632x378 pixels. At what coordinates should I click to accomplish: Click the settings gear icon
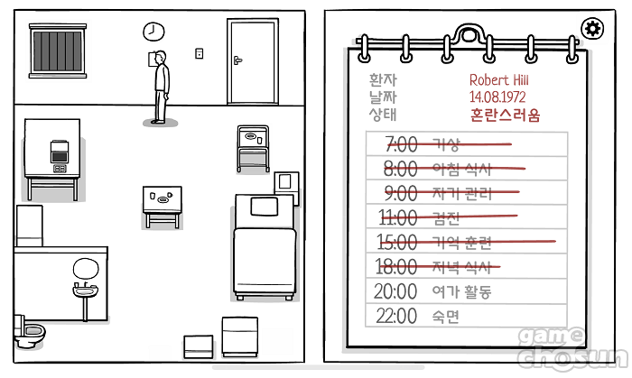click(x=593, y=29)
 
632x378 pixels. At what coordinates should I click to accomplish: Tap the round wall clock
click(x=153, y=32)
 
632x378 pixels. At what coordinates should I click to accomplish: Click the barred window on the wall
click(x=57, y=51)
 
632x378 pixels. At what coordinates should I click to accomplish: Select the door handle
click(x=237, y=60)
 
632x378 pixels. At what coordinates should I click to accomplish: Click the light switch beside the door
click(x=200, y=53)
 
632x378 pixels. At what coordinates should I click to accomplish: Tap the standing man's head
click(x=162, y=59)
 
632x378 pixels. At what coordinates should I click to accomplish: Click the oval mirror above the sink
click(x=86, y=268)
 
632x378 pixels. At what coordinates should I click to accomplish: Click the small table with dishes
click(x=162, y=199)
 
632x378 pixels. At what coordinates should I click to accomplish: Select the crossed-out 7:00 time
click(x=401, y=144)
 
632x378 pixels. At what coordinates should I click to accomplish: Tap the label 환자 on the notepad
click(x=383, y=80)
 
